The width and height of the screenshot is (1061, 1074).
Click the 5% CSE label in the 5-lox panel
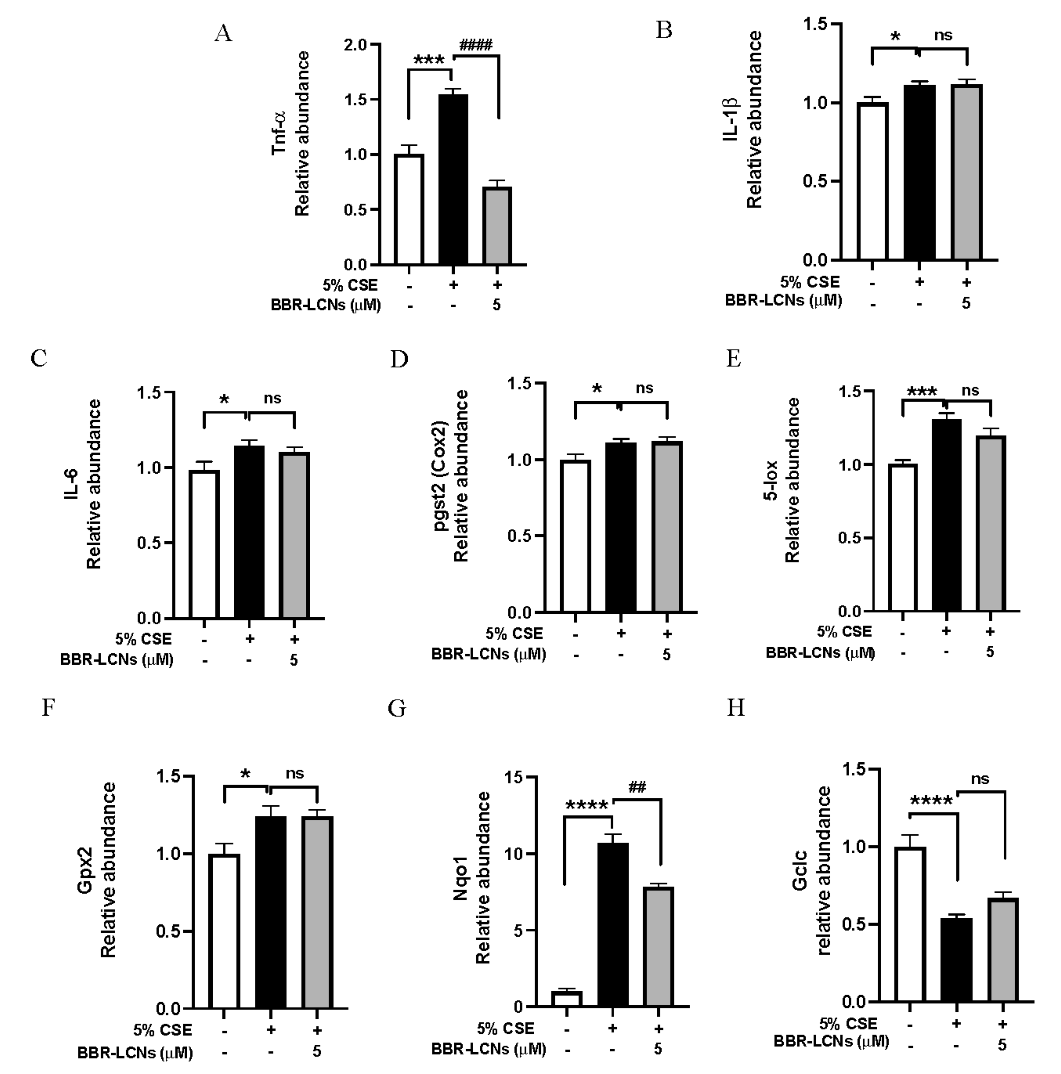844,632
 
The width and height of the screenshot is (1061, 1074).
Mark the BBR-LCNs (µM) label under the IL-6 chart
117,660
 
